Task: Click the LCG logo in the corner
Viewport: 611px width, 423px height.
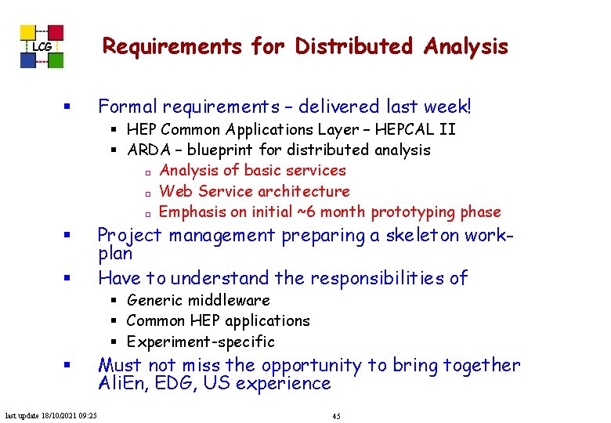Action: point(42,47)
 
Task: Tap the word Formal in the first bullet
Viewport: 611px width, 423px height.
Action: point(125,107)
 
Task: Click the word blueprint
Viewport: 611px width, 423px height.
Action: point(232,149)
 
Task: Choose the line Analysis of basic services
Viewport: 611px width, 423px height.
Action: point(252,170)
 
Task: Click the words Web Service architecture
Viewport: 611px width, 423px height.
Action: point(254,191)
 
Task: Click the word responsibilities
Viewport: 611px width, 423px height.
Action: point(368,277)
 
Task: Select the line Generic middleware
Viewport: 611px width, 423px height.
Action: point(197,300)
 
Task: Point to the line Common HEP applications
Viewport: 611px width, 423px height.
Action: point(218,320)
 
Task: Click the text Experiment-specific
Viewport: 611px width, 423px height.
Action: point(201,342)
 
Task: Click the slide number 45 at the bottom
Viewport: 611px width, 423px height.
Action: point(336,415)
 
